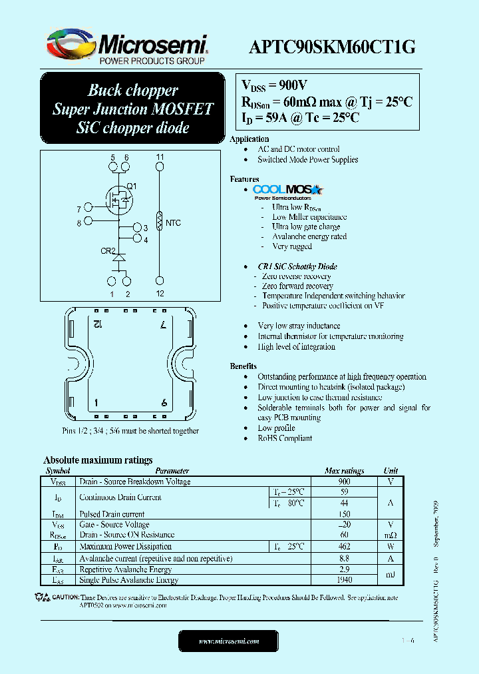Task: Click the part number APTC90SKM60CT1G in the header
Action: [332, 47]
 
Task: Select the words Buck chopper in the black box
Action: [133, 90]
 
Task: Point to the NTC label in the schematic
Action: [173, 223]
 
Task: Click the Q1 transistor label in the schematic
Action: [131, 186]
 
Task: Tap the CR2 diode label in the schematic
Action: [108, 252]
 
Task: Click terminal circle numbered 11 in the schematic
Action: [160, 168]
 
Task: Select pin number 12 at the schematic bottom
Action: [160, 294]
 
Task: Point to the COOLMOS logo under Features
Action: [287, 190]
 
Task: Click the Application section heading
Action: [249, 139]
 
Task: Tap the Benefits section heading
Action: [243, 366]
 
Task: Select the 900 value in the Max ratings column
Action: [344, 482]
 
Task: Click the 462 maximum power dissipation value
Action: [344, 547]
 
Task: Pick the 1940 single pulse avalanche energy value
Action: [344, 580]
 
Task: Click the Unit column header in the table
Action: [391, 471]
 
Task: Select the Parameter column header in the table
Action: [172, 471]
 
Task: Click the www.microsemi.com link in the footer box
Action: [229, 641]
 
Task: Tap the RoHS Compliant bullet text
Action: [285, 438]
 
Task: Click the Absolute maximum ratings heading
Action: [98, 460]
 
